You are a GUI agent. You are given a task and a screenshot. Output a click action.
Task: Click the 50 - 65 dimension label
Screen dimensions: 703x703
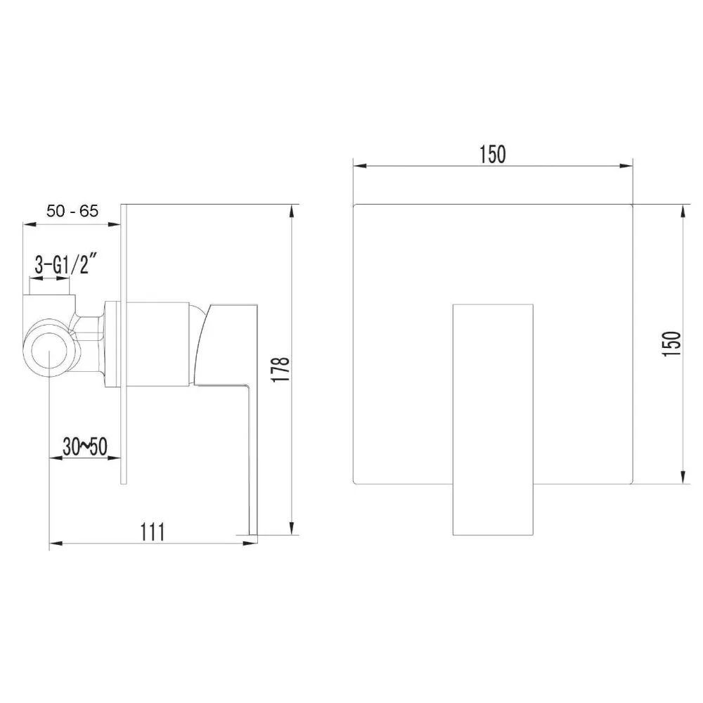pos(72,210)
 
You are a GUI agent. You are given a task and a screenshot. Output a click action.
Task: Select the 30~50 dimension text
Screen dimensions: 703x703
pos(85,446)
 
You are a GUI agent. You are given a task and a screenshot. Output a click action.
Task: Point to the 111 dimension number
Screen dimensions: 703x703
pos(153,531)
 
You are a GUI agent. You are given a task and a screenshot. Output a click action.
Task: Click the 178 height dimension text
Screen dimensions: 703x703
pos(280,370)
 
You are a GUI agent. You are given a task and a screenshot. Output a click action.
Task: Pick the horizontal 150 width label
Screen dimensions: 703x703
pos(493,154)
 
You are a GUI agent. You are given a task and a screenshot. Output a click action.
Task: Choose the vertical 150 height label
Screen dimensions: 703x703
pos(671,344)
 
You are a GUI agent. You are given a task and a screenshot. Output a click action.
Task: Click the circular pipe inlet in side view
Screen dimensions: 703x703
pos(49,347)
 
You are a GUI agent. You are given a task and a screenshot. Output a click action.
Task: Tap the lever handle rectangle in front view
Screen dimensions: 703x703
pos(493,420)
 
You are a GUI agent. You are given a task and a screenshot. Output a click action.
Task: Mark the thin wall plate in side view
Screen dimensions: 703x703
pos(124,344)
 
